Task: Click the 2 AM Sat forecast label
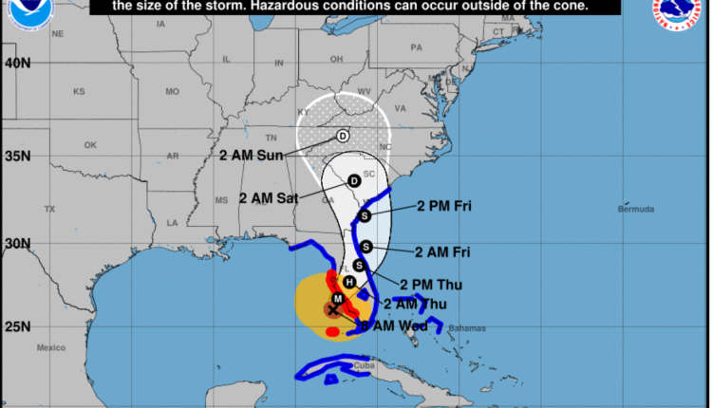(269, 198)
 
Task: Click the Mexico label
(50, 348)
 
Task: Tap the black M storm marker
(336, 299)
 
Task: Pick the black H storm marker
(349, 282)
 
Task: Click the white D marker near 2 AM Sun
(342, 137)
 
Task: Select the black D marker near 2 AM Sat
(353, 180)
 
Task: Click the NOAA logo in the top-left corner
(20, 13)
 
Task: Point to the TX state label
(49, 209)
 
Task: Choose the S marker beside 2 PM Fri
(364, 215)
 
